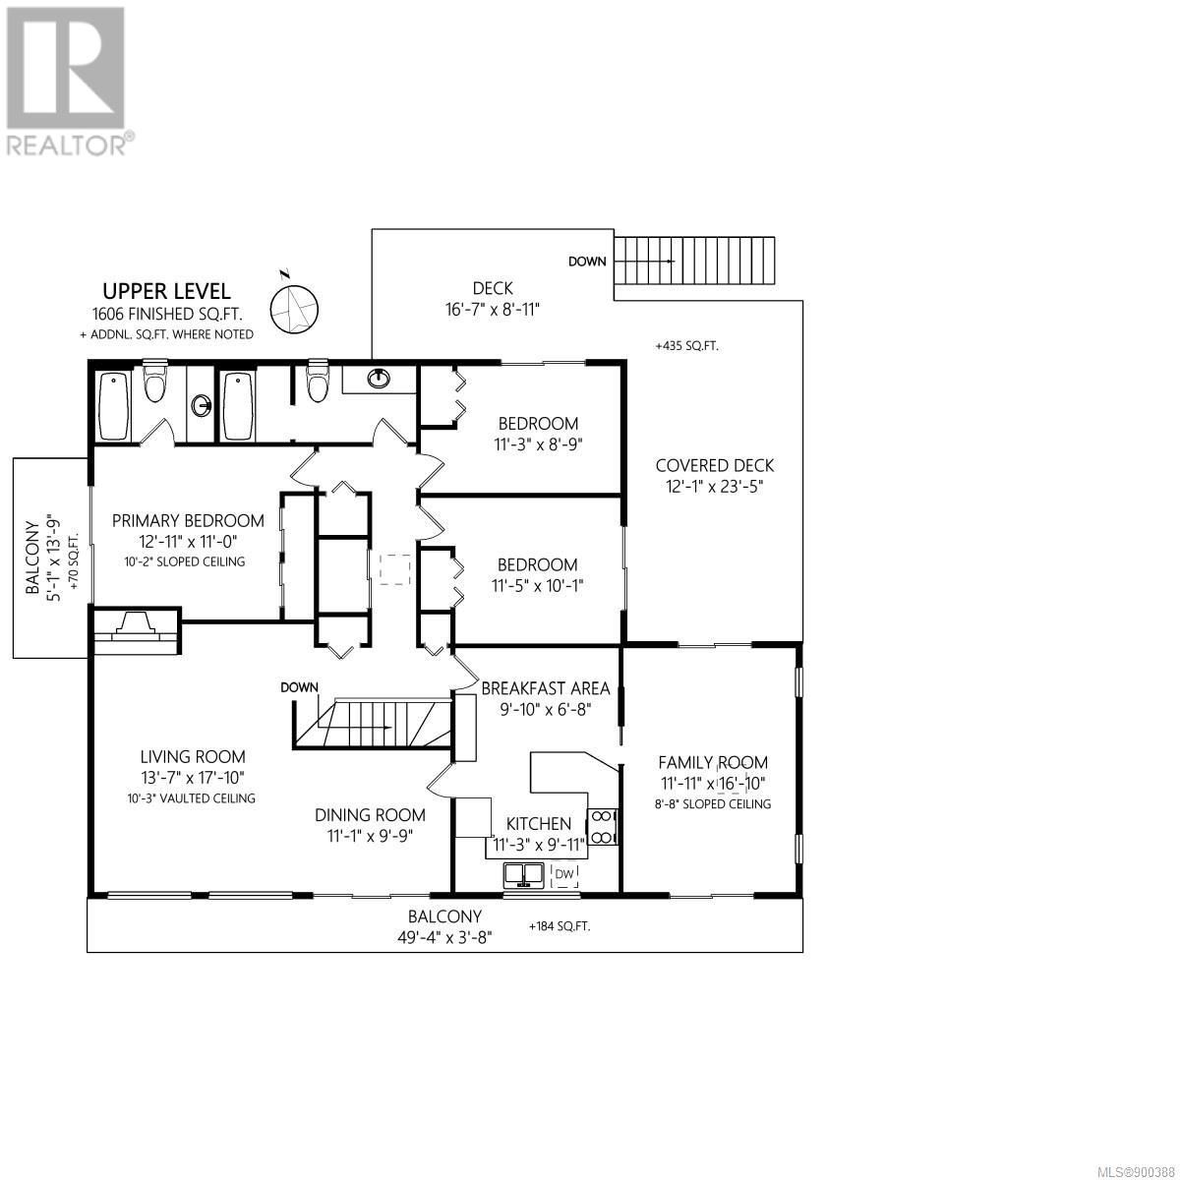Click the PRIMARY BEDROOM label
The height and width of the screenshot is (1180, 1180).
pos(188,521)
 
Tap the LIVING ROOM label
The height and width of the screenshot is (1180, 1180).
pos(193,757)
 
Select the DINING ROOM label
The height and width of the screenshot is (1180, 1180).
pos(370,815)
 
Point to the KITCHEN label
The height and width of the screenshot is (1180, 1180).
pos(538,824)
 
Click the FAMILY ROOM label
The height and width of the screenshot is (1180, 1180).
pos(713,762)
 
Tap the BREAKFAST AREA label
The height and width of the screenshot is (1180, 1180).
pos(546,688)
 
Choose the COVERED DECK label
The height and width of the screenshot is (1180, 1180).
pos(715,465)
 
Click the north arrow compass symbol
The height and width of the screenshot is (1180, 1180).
pos(295,308)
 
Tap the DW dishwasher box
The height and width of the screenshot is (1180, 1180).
pos(564,874)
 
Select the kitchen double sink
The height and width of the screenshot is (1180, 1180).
pos(524,875)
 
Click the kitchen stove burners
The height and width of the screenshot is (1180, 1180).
pos(603,827)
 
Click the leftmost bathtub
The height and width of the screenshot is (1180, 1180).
pos(114,405)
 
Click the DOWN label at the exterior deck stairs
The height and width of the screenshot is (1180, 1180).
pos(587,262)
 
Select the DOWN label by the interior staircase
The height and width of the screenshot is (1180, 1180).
pos(300,687)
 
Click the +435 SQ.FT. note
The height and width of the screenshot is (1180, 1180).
pos(686,346)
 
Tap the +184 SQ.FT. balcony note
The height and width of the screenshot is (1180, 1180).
pos(560,926)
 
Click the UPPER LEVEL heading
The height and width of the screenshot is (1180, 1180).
pos(166,291)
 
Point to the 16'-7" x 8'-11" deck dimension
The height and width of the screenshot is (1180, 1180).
pos(493,309)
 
